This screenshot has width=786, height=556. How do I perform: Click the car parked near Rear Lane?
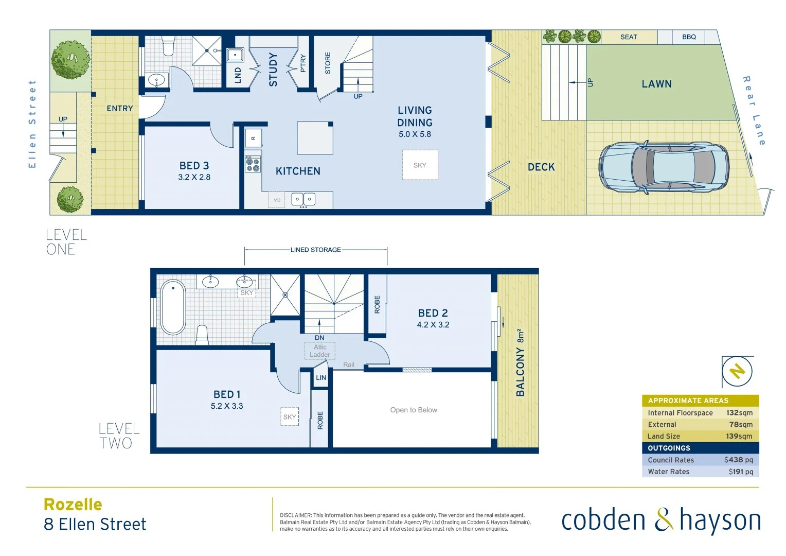click(x=664, y=168)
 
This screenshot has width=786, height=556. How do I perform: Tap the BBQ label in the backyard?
click(x=689, y=37)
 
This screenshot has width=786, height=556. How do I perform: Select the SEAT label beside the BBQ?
click(x=629, y=37)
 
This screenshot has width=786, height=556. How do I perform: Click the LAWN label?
click(x=656, y=84)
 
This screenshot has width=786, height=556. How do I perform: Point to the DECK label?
click(x=541, y=167)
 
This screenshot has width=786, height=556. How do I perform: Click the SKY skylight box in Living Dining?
click(x=420, y=165)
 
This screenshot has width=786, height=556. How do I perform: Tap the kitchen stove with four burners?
click(x=253, y=164)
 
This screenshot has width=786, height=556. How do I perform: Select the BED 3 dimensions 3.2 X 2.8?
click(x=194, y=177)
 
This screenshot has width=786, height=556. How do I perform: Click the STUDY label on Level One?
click(x=273, y=69)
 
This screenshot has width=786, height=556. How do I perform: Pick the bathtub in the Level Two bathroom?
click(x=173, y=307)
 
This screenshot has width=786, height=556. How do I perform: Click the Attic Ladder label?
click(x=320, y=351)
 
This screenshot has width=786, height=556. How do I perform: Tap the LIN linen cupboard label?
click(x=321, y=378)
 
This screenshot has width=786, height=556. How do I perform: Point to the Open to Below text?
click(x=414, y=410)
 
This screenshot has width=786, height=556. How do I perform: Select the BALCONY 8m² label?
click(x=520, y=363)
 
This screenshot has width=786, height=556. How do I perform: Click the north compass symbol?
click(x=737, y=371)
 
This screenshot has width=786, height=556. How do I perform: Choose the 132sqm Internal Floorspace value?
click(x=739, y=413)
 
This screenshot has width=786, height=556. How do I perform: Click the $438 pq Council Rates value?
click(x=738, y=460)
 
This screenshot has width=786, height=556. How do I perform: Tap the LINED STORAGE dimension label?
click(x=315, y=250)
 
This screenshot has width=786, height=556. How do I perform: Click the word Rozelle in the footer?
click(x=73, y=505)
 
